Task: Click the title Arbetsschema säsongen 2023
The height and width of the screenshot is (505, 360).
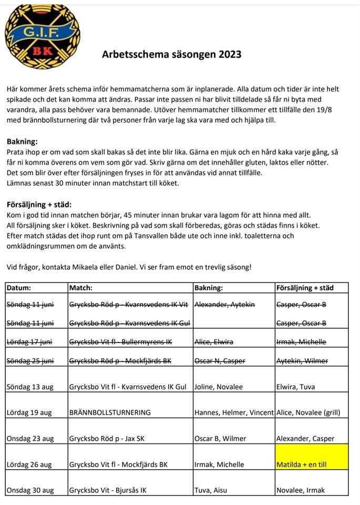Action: click(171, 54)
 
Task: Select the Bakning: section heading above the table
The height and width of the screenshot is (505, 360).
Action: click(22, 142)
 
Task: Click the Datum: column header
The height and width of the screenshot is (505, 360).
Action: click(19, 288)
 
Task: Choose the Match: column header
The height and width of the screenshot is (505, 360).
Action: click(81, 288)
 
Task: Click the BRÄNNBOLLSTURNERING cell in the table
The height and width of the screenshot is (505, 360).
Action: click(110, 412)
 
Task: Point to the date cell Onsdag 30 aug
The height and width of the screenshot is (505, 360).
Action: click(30, 490)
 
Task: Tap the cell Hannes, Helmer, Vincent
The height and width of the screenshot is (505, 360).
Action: click(234, 412)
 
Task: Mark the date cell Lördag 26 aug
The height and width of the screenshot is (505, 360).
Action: click(29, 464)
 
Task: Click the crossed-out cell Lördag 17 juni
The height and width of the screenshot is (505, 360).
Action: click(30, 342)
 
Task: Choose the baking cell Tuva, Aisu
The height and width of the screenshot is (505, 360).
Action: click(211, 490)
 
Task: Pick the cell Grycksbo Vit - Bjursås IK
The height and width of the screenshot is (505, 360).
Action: click(108, 490)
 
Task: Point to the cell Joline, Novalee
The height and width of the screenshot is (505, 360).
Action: click(219, 387)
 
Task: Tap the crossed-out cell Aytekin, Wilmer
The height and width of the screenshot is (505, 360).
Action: click(301, 360)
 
